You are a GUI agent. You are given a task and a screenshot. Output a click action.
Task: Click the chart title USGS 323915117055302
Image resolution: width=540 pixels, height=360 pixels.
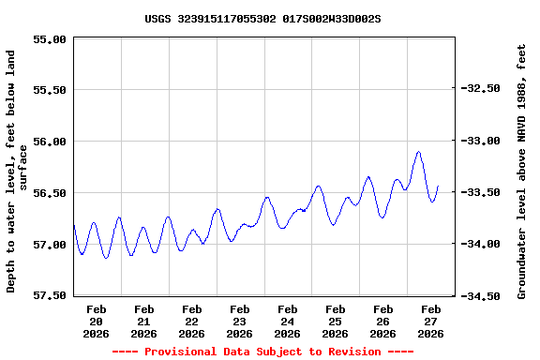tap(262, 18)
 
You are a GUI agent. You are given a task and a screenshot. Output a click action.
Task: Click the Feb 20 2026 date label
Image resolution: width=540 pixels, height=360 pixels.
tap(96, 321)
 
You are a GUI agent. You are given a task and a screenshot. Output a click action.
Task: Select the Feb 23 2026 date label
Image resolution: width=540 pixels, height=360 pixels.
tap(239, 321)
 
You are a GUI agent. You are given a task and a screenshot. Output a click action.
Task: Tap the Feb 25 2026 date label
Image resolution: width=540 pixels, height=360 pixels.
tap(335, 321)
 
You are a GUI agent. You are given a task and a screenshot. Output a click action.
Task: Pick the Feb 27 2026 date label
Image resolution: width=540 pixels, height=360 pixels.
tap(430, 321)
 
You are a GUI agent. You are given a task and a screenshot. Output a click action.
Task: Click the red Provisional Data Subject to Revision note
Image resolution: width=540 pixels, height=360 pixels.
tap(262, 352)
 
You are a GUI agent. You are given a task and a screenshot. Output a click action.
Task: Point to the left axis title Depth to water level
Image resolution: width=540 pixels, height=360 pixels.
tap(17, 172)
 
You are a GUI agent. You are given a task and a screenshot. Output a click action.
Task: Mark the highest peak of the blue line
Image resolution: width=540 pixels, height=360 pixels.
tap(418, 152)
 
